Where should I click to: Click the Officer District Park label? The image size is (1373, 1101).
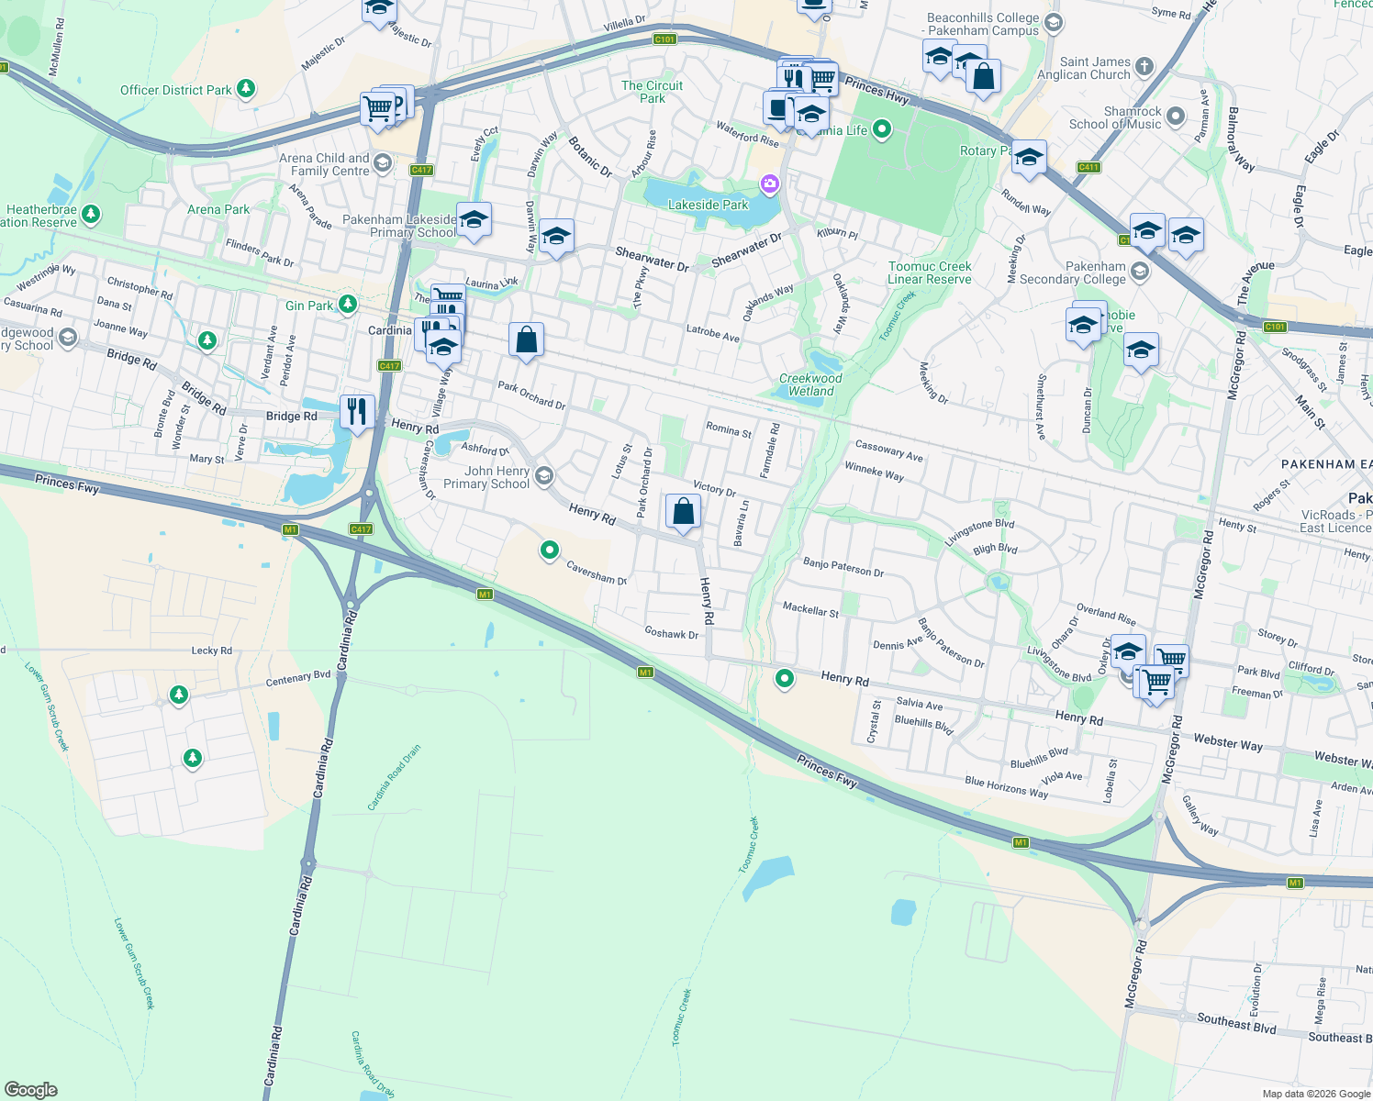click(176, 90)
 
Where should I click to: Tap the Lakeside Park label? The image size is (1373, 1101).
click(708, 205)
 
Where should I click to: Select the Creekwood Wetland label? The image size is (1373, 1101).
click(810, 384)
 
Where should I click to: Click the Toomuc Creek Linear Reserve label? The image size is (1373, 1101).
click(929, 272)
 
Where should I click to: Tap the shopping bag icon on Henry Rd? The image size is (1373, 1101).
click(683, 512)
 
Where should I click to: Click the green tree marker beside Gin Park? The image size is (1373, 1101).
click(347, 304)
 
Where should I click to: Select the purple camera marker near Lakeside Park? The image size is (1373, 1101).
click(769, 185)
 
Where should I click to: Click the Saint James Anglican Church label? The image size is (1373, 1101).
click(1083, 68)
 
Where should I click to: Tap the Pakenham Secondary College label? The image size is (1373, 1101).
click(1072, 272)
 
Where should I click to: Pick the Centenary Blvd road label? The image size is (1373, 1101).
click(298, 678)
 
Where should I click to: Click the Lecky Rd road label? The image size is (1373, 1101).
click(211, 651)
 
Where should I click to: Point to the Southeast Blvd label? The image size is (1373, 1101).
click(1235, 1022)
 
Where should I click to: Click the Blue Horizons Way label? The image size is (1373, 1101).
click(1006, 787)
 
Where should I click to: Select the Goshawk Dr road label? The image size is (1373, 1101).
click(671, 633)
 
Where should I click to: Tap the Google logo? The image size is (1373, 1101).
click(30, 1090)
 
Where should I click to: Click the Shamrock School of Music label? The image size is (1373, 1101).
click(1115, 117)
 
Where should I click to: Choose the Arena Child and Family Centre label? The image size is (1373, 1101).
click(324, 164)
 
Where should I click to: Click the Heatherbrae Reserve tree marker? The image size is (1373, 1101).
click(90, 215)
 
